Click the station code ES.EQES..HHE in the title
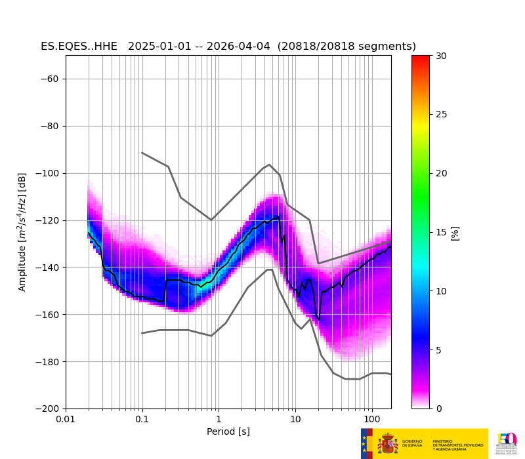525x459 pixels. pyautogui.click(x=79, y=47)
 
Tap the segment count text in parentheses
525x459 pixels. pyautogui.click(x=346, y=47)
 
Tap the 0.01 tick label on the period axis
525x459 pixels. pyautogui.click(x=66, y=419)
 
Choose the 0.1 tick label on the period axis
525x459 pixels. pyautogui.click(x=142, y=419)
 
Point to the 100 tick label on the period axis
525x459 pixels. pyautogui.click(x=371, y=419)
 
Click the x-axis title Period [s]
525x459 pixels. pyautogui.click(x=228, y=431)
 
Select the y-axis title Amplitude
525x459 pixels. pyautogui.click(x=22, y=232)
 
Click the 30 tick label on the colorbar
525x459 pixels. pyautogui.click(x=442, y=56)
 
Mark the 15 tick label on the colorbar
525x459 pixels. pyautogui.click(x=442, y=232)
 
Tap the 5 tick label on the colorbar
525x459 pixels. pyautogui.click(x=439, y=350)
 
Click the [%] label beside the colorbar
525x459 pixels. pyautogui.click(x=455, y=232)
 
